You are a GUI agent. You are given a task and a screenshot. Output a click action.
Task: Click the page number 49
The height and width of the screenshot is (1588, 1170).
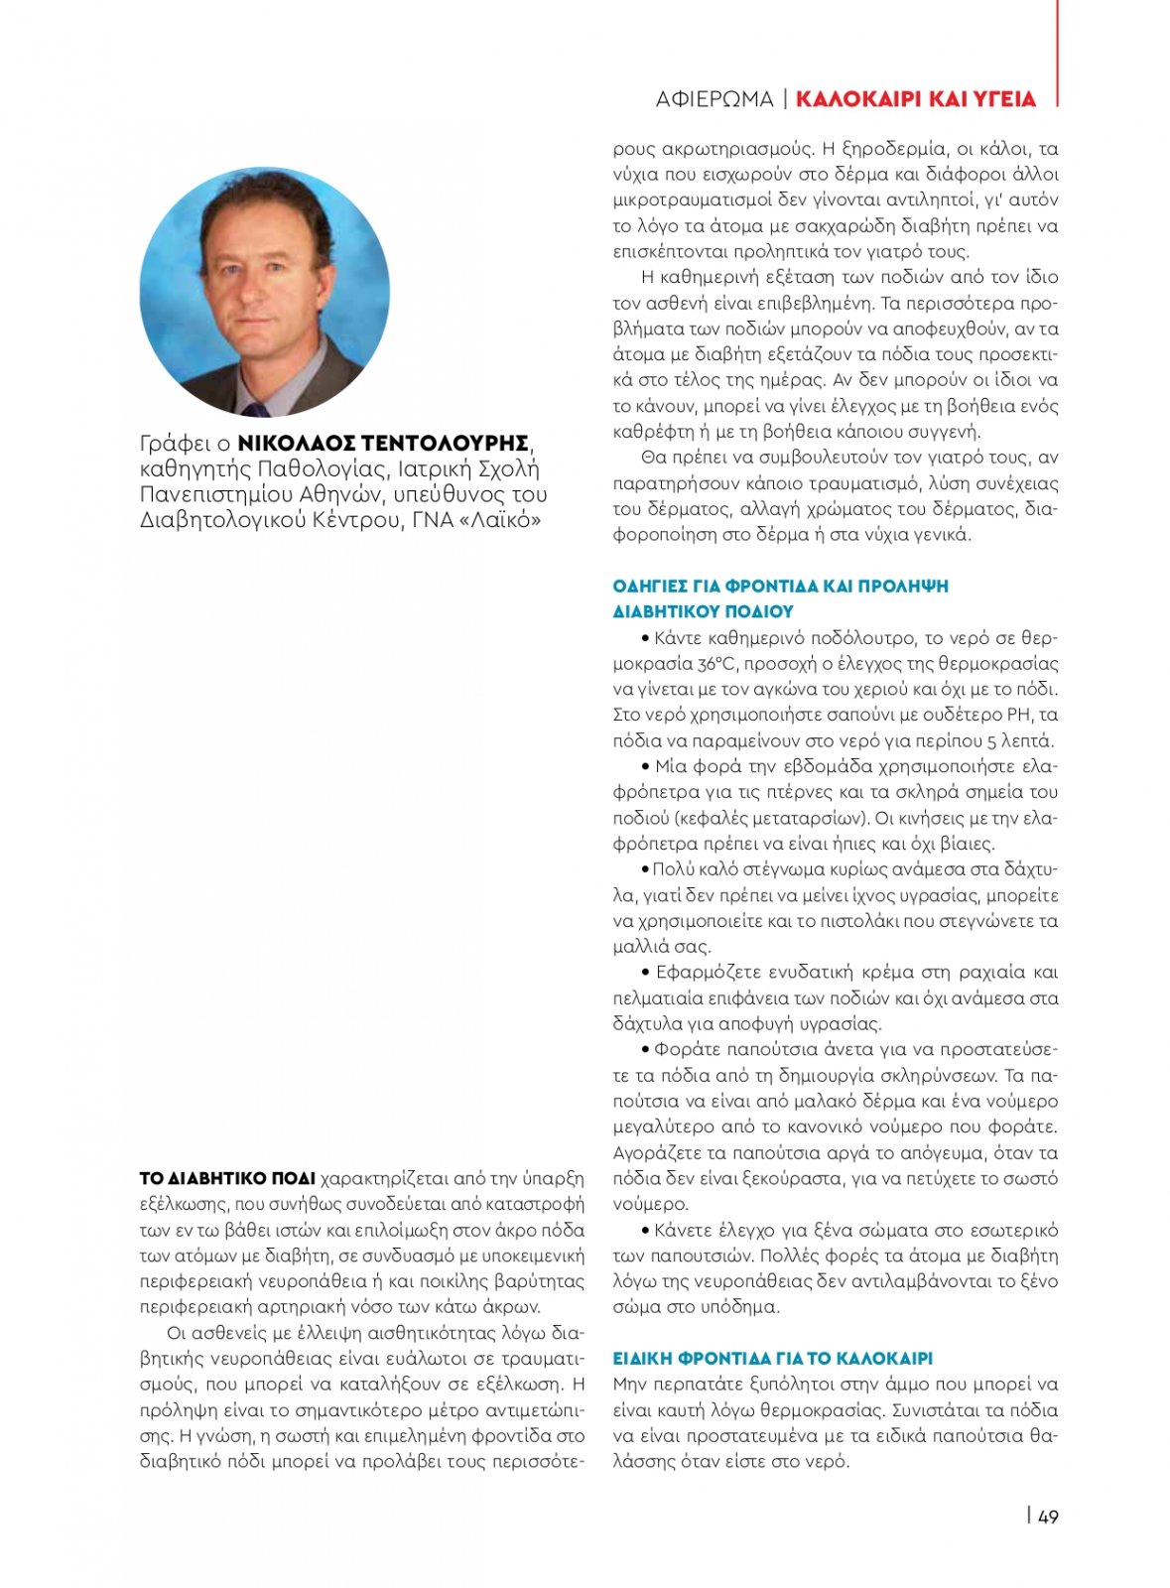tap(1048, 1516)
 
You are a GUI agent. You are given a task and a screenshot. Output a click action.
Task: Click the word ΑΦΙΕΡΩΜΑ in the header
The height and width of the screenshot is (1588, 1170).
tap(714, 99)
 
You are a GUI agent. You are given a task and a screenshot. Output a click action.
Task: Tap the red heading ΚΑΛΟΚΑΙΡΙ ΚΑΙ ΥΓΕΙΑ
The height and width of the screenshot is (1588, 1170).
tap(915, 99)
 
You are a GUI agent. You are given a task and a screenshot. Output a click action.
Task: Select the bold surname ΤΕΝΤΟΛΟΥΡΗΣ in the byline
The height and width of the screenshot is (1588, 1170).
tap(444, 443)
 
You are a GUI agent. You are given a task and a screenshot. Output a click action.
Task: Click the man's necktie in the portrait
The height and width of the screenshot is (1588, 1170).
tap(256, 409)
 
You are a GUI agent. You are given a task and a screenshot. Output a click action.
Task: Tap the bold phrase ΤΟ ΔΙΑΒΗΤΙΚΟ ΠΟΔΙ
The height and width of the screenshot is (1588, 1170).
tap(227, 1179)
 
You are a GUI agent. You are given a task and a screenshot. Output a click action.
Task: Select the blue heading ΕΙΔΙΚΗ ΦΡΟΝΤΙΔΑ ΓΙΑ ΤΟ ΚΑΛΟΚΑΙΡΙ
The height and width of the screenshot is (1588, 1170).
tap(772, 1358)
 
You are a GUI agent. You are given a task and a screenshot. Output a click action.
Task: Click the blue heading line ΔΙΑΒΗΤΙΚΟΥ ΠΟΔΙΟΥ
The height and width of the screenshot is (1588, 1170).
tap(703, 611)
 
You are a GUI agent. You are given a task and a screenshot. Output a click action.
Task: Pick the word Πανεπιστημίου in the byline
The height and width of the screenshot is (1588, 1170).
tap(216, 494)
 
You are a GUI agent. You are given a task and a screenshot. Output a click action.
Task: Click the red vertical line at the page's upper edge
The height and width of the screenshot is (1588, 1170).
tap(1057, 50)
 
